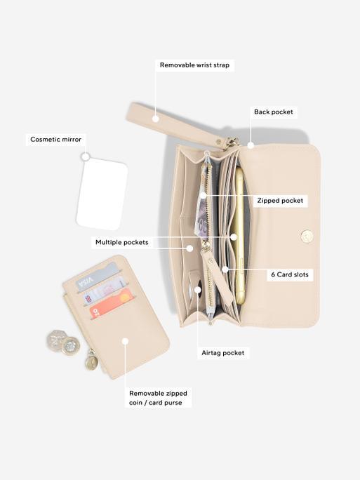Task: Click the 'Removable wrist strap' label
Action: [194, 65]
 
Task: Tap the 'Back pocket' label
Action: [274, 112]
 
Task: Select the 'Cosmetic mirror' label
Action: [55, 139]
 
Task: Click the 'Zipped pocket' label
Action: [280, 201]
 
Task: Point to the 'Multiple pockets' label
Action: [122, 242]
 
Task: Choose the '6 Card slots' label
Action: [290, 274]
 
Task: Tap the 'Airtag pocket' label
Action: [223, 353]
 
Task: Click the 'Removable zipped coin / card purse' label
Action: [158, 398]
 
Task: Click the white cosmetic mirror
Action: [102, 194]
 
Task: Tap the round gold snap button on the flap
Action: [307, 236]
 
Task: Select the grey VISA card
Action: [97, 276]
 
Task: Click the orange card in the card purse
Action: [110, 302]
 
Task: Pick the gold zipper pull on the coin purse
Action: [91, 361]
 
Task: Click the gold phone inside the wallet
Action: [239, 236]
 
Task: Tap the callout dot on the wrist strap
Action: [156, 119]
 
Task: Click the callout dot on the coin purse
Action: [125, 341]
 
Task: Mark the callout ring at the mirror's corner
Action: [86, 156]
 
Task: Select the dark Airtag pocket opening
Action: [198, 289]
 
